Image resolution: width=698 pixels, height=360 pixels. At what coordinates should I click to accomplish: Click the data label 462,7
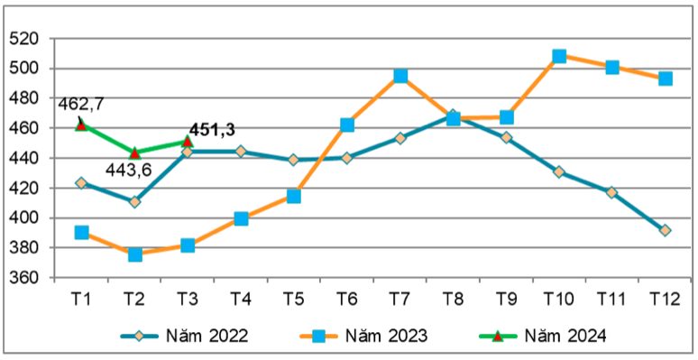point(81,104)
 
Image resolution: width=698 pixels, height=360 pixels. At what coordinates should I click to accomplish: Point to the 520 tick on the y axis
point(25,39)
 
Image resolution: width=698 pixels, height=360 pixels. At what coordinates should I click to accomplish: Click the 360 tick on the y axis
point(25,278)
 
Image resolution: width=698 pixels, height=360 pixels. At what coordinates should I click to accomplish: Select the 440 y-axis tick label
point(25,158)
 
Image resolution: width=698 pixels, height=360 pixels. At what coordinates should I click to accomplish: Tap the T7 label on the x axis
point(400,298)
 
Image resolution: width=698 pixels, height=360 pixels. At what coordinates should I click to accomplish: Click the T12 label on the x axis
point(665,298)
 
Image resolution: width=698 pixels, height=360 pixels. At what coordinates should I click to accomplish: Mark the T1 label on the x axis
point(81,298)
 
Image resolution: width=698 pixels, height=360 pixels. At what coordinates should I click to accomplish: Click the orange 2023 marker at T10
point(559,56)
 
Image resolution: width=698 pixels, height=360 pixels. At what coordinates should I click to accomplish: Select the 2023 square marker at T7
point(400,76)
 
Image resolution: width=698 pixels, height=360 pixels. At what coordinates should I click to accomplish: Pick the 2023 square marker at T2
point(134,254)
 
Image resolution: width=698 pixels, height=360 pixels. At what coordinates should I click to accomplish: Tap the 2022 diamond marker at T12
point(665,230)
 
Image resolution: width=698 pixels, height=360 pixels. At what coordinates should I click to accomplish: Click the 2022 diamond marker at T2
point(134,201)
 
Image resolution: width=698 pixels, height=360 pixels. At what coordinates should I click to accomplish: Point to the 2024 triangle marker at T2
point(134,152)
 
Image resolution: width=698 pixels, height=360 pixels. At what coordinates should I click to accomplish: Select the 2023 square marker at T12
point(665,78)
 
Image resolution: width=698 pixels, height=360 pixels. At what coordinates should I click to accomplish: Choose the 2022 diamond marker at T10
point(559,171)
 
